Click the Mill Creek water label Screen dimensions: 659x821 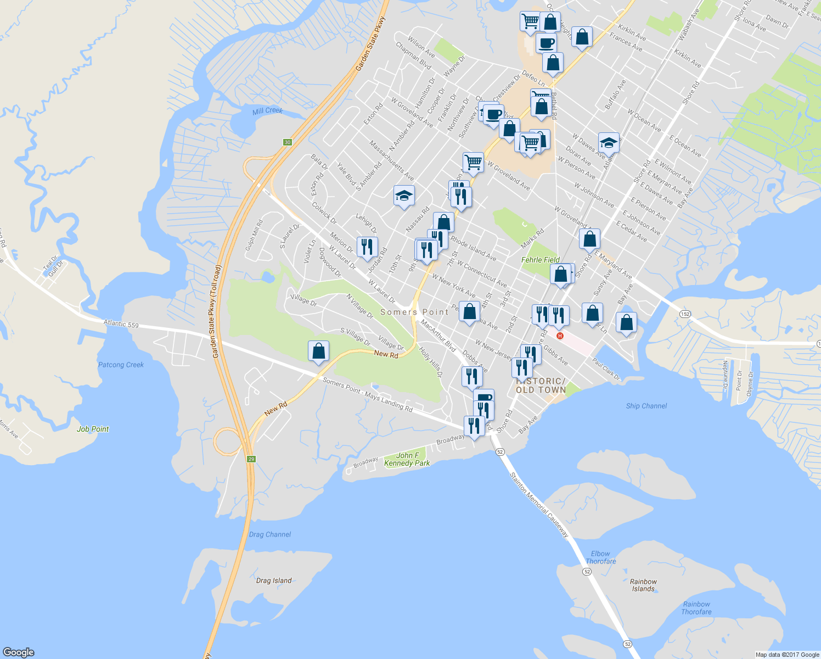pos(267,111)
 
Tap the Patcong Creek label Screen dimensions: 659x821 pos(121,365)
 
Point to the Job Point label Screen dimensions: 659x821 pos(93,429)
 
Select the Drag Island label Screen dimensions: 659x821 pos(274,580)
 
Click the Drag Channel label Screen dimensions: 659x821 pos(270,534)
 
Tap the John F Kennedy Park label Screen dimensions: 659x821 pos(407,459)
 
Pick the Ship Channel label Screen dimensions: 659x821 pos(646,406)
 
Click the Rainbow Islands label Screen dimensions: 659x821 pos(643,585)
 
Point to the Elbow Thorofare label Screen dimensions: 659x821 pos(600,557)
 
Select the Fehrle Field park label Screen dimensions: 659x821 pos(541,260)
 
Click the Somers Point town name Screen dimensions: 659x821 pos(414,312)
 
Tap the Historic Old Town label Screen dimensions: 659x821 pos(541,385)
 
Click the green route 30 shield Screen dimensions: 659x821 pos(288,142)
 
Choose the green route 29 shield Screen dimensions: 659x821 pos(251,459)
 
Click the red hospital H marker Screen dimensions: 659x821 pos(560,336)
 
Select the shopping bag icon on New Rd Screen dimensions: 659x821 pos(319,351)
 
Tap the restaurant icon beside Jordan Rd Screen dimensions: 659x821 pos(367,247)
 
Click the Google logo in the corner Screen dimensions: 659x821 pos(19,652)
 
